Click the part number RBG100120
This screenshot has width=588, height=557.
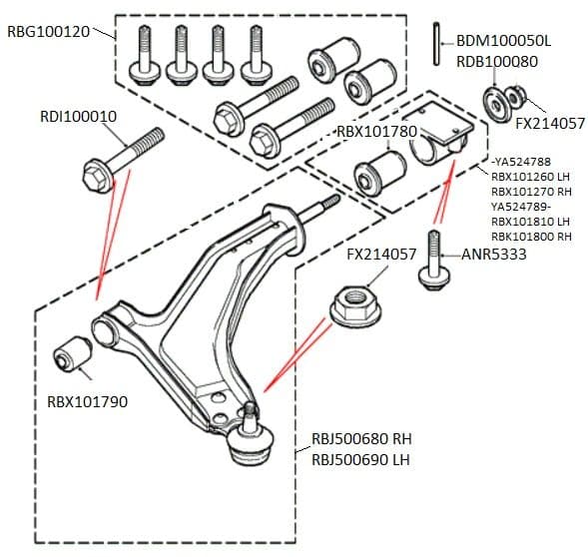(50, 31)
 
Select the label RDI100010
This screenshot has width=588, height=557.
(78, 116)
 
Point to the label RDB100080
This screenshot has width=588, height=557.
(496, 61)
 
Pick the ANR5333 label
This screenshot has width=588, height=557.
(493, 255)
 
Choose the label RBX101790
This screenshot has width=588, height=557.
(87, 402)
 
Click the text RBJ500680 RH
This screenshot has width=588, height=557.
(361, 440)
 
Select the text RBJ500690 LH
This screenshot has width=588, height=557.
(361, 459)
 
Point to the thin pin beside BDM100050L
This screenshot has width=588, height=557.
(438, 42)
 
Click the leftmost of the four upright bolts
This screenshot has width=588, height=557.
(146, 57)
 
